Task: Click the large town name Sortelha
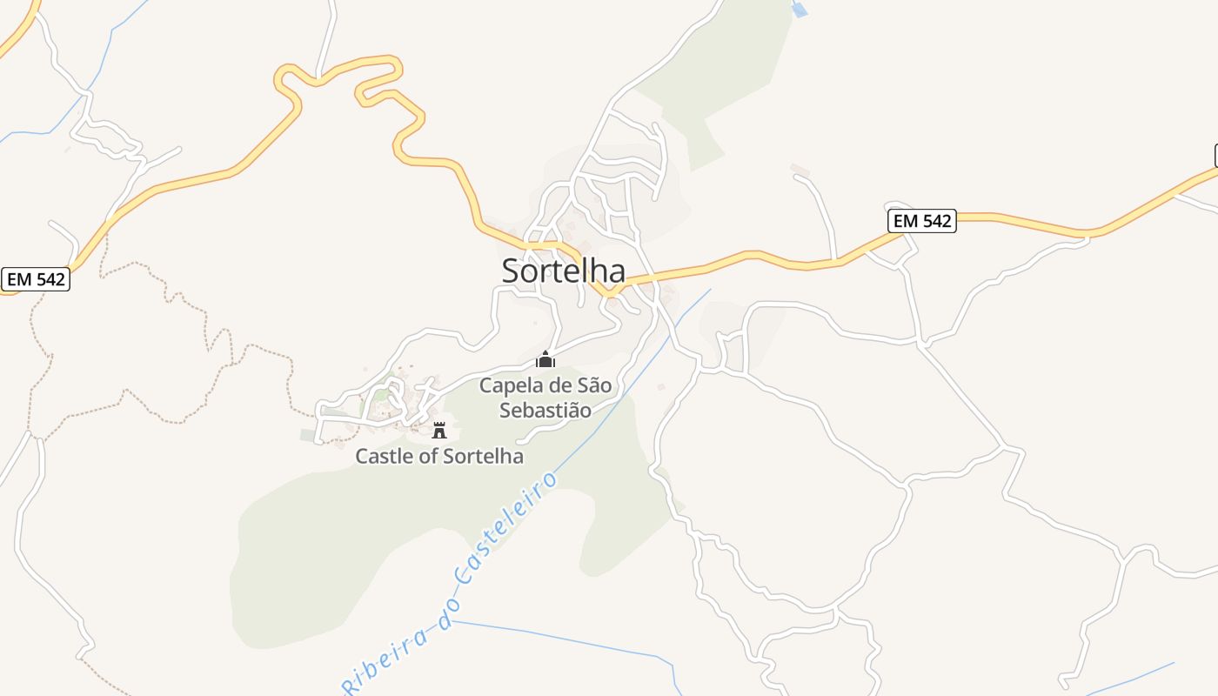pos(563,271)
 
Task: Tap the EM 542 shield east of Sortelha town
pos(922,221)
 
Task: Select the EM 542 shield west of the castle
pos(35,279)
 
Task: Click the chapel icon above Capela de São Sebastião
pos(545,359)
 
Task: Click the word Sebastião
pos(545,410)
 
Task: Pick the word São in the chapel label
pos(595,385)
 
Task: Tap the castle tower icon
pos(439,430)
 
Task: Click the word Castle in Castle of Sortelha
pos(384,456)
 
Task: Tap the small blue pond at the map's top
pos(800,10)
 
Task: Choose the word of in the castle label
pos(429,456)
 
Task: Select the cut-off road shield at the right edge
pos(1215,156)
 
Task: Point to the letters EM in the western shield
pos(20,279)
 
